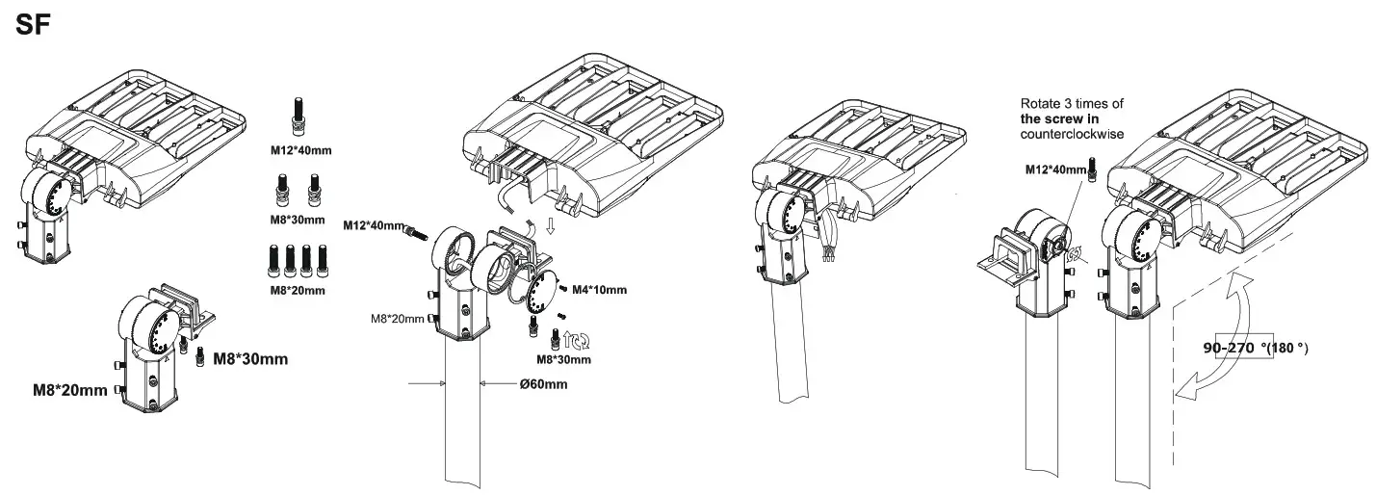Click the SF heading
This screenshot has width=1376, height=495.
[32, 26]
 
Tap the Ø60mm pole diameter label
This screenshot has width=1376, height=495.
[542, 384]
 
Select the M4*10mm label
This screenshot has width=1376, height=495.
[599, 290]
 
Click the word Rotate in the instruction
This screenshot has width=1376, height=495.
[1040, 103]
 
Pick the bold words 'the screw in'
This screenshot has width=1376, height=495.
[1057, 117]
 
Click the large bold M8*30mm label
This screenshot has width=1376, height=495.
[249, 359]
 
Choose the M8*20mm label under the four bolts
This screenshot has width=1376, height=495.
[296, 290]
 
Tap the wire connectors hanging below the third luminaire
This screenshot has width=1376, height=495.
[825, 253]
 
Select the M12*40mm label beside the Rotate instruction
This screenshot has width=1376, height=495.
[1054, 170]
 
